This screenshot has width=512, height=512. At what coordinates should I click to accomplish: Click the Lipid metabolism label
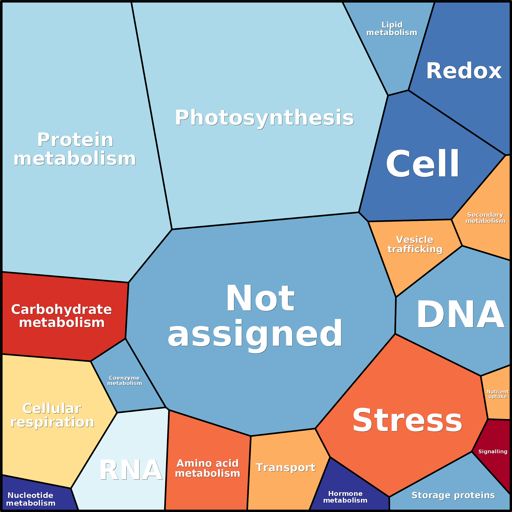pos(392,29)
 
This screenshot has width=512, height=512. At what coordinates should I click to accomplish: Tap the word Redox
pos(464,71)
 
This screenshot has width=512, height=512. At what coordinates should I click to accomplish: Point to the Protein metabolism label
pos(75,149)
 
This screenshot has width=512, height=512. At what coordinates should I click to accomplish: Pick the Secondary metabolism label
pos(485,218)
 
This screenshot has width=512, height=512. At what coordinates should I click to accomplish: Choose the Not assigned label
pos(255,315)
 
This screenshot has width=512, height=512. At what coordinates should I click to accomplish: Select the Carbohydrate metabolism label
pos(62,316)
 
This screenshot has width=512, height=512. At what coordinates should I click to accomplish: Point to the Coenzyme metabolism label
pos(125,381)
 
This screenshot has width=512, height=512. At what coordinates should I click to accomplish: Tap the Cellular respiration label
pos(52,415)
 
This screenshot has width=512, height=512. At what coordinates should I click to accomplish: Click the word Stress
pos(407,420)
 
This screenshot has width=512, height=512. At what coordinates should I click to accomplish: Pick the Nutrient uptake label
pos(497,394)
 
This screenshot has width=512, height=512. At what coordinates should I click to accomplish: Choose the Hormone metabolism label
pos(345,497)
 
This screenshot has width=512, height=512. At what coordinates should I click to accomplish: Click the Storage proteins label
pos(453,495)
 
